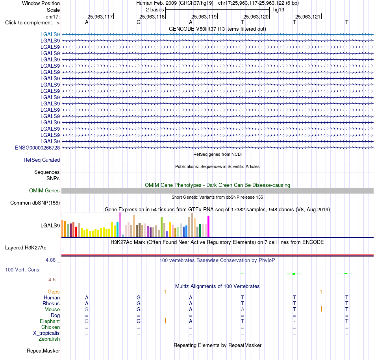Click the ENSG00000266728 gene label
coord(37,148)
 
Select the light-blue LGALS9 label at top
coord(50,35)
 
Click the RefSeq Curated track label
coord(42,160)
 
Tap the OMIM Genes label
coord(44,191)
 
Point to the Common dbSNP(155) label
coord(35,203)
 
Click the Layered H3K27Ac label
coord(26,248)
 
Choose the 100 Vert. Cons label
coord(22,270)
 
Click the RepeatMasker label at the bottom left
coord(43,351)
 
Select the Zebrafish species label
coord(49,339)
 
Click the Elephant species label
coord(50,321)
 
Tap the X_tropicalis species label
coord(46,333)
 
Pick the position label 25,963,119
coord(204,17)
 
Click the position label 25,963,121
coord(308,17)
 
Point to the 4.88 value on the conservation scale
coord(50,260)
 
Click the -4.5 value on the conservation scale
coord(51,280)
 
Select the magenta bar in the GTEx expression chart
coord(209,226)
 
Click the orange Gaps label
coord(54,292)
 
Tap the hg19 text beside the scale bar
coord(279,10)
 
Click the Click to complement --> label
coord(32,23)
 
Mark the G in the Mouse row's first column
coord(87,310)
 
